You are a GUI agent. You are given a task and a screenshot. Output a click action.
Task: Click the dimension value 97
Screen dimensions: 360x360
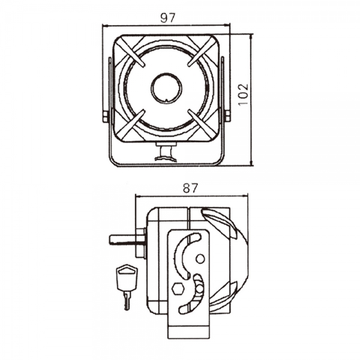[167, 17]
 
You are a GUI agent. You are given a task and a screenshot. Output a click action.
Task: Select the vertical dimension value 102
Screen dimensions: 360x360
[244, 94]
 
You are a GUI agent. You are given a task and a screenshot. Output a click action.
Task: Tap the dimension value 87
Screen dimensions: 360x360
[190, 188]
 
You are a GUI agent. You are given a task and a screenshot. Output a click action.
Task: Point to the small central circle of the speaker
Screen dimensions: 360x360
[167, 88]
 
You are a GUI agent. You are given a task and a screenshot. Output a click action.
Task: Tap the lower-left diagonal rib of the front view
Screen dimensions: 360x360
[132, 124]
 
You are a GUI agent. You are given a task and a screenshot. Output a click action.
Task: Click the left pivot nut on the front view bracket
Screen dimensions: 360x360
[106, 116]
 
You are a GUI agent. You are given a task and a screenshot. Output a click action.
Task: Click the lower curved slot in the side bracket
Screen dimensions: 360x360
[192, 294]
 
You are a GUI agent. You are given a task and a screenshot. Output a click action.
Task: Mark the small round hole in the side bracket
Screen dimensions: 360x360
[200, 259]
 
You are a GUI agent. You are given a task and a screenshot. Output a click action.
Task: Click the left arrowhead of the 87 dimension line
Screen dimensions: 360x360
[138, 196]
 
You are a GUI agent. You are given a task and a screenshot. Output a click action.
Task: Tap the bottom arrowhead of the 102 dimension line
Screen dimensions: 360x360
[252, 163]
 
